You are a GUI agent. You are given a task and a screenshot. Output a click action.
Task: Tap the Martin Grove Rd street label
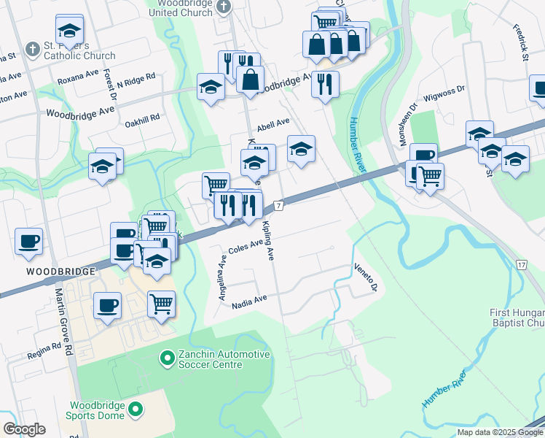(x=65, y=322)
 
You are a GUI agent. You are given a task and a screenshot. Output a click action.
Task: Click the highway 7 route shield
(x=278, y=207)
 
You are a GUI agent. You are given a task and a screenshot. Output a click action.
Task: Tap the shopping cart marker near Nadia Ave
(x=161, y=303)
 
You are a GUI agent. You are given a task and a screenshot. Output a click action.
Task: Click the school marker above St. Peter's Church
(x=69, y=30)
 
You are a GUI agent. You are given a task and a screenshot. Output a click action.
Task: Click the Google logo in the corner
(x=23, y=429)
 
